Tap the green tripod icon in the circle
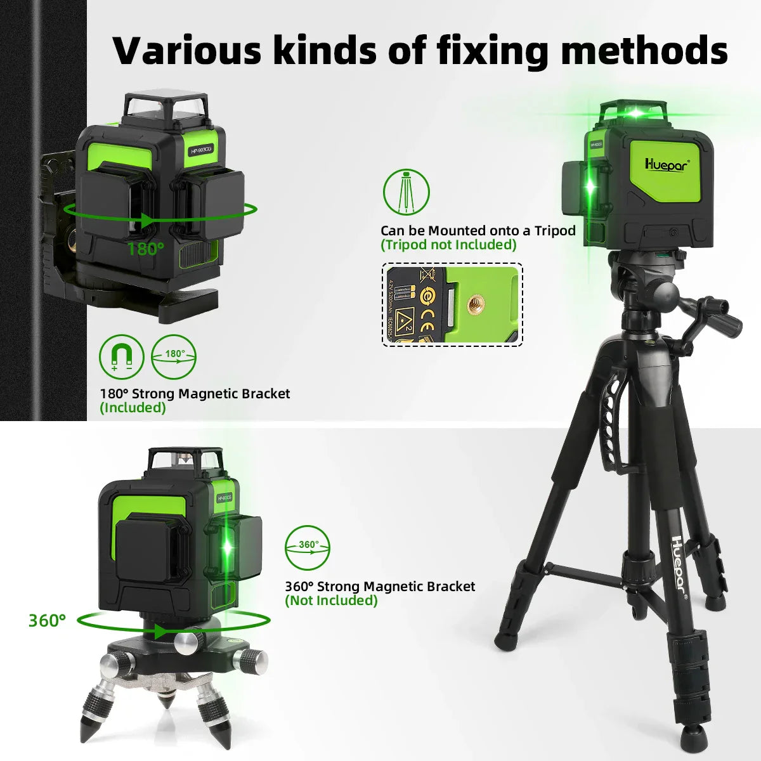[406, 192]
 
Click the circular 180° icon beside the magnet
[174, 357]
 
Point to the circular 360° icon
[307, 547]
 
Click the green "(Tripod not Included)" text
[448, 245]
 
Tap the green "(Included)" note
[133, 408]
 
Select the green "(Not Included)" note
[331, 601]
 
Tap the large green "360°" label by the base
[47, 620]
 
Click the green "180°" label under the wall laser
[145, 249]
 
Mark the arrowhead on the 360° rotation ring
[162, 632]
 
